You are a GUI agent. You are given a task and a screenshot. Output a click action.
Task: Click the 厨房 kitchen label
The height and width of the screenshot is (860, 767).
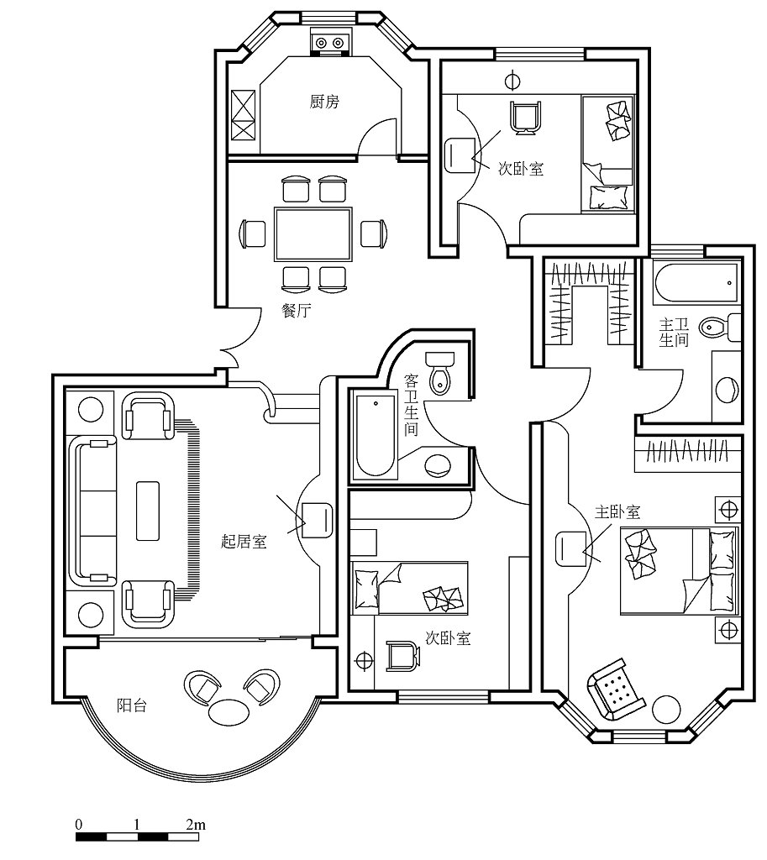[324, 102]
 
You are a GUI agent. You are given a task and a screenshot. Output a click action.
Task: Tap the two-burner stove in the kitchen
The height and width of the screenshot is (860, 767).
[329, 42]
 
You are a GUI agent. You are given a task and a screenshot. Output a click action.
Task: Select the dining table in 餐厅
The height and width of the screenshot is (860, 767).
[313, 234]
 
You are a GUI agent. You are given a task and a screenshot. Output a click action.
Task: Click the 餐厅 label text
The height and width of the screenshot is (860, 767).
[297, 311]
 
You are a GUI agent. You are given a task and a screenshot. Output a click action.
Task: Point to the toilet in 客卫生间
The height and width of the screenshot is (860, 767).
[440, 373]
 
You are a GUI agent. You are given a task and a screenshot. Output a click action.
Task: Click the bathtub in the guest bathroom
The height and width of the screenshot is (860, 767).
[376, 434]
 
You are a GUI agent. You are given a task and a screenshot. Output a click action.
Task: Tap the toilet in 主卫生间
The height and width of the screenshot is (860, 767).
[720, 328]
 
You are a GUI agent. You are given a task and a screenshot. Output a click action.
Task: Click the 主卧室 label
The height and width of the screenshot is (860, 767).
[617, 511]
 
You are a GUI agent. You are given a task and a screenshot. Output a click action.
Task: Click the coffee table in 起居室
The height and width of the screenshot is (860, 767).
[148, 511]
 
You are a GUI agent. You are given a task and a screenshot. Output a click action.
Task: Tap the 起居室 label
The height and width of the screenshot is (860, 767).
[244, 542]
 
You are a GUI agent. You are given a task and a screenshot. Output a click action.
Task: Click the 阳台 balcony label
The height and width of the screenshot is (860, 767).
[132, 705]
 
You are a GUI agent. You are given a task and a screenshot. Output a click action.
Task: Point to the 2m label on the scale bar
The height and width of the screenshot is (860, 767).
[196, 824]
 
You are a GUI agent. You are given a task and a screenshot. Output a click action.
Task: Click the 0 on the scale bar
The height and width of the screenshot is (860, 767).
[79, 825]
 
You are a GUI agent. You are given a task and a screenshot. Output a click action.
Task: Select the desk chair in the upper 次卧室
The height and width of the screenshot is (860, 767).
[526, 118]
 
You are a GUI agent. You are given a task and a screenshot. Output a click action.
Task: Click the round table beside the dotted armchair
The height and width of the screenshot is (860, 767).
[667, 710]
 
